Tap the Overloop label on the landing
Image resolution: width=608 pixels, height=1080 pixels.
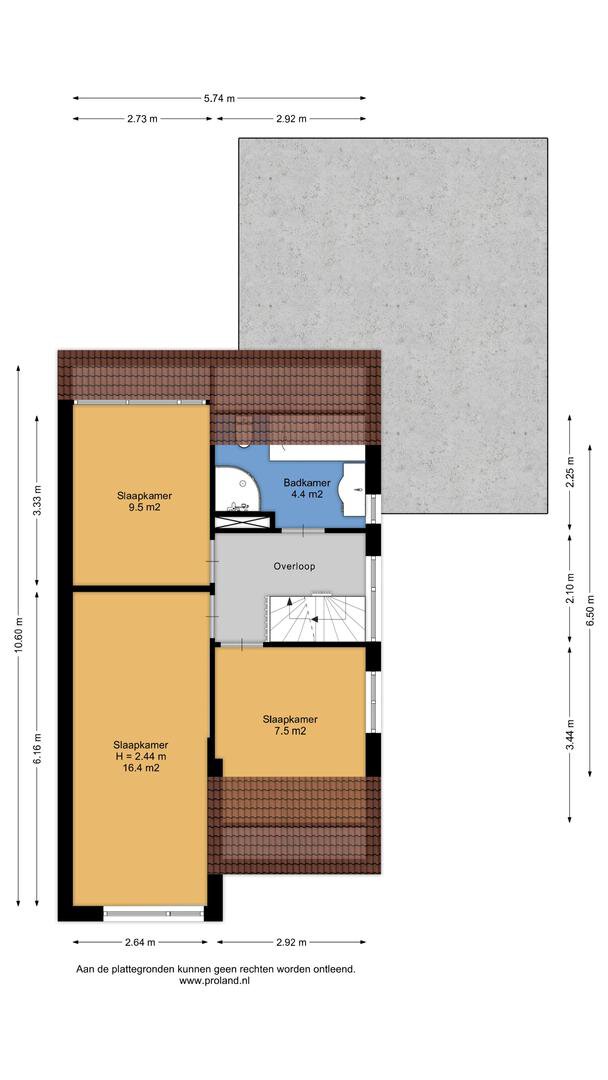294,567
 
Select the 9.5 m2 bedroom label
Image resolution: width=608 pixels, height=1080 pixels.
144,501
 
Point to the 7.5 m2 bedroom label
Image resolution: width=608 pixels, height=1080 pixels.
290,725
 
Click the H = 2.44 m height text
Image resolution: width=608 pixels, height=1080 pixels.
141,756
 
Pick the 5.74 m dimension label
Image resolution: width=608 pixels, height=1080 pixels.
219,98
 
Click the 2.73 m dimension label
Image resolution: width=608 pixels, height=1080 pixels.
143,118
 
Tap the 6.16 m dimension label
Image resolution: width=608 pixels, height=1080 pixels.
37,747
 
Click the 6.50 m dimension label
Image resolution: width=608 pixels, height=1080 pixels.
590,610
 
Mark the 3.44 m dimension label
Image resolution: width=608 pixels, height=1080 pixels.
569,733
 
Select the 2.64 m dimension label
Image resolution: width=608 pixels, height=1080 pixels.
140,942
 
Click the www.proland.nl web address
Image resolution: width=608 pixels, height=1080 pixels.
214,981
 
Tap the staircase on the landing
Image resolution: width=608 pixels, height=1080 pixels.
316,618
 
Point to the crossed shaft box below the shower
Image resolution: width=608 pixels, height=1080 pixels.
242,521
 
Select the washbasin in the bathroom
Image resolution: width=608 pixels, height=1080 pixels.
354,490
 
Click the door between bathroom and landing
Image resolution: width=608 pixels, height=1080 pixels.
302,531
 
